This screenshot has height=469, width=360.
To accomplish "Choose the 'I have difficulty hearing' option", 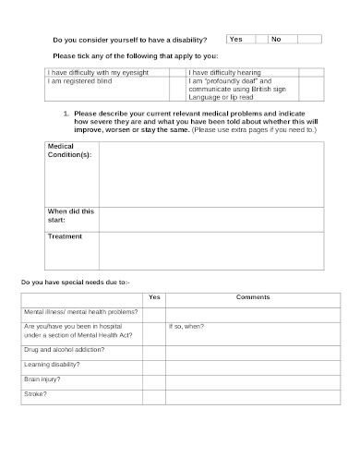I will click(230, 71).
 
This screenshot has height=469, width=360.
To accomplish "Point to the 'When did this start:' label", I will click(70, 215).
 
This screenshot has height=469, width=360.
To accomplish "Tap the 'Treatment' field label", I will click(65, 236).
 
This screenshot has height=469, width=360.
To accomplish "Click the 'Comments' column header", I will click(253, 297).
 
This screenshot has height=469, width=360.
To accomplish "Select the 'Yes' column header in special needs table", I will click(154, 297).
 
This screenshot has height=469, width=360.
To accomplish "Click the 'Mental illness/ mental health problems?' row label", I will click(81, 313).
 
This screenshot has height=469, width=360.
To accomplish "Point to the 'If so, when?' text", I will click(186, 328).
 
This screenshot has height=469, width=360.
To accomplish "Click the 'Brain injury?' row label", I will click(50, 380).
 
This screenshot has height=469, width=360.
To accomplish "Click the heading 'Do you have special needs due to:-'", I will click(76, 281).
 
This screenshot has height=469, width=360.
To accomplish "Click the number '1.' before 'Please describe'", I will click(66, 113).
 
